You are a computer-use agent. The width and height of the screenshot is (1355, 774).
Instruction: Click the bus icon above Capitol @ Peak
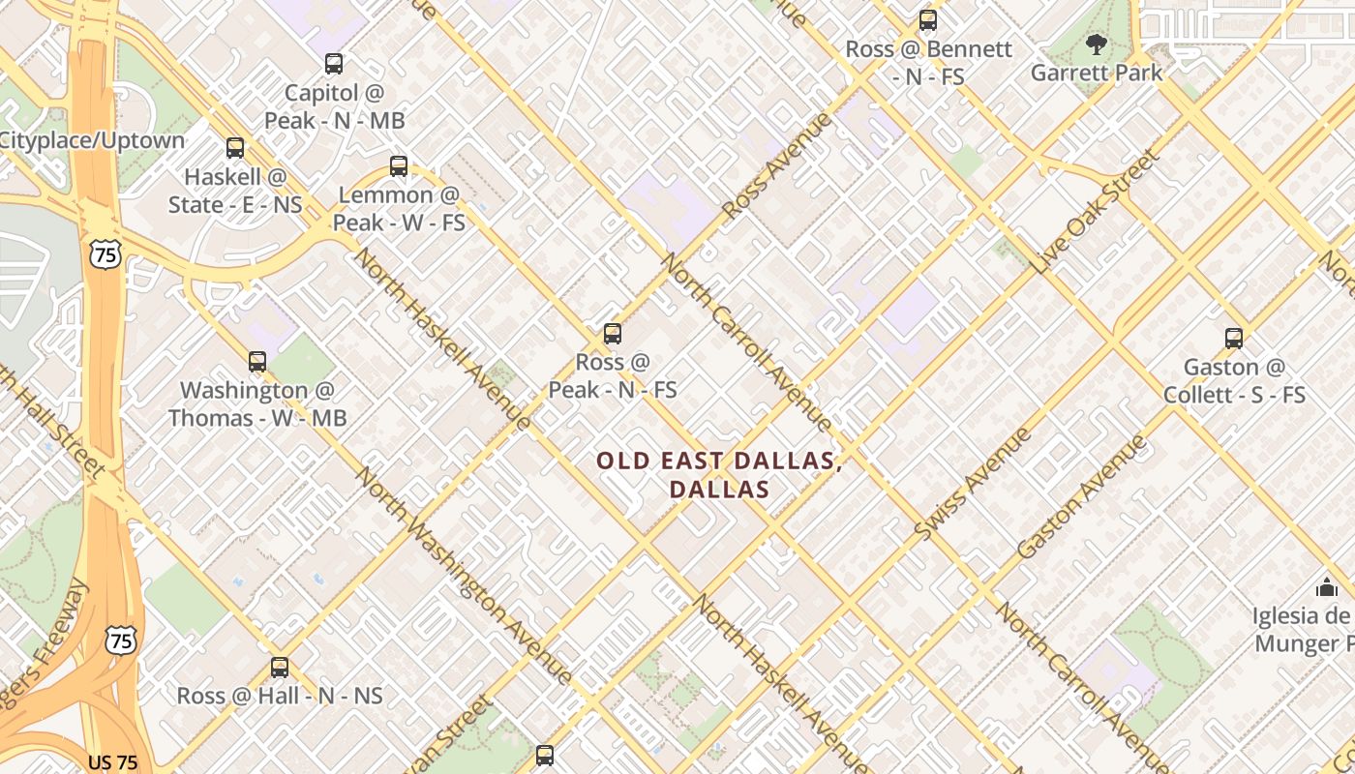tap(334, 64)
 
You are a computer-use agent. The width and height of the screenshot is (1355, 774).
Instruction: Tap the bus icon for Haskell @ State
tap(235, 148)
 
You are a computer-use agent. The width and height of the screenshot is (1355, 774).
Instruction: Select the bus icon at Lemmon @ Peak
tap(399, 165)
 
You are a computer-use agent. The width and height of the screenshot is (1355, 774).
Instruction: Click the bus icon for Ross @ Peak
tap(612, 334)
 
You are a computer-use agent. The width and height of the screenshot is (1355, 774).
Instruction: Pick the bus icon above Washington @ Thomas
tap(256, 362)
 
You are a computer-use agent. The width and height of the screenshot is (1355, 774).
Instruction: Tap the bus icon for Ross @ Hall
tap(280, 667)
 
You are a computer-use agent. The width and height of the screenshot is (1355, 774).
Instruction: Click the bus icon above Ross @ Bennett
tap(927, 20)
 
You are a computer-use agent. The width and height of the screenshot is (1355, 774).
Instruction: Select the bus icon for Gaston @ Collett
tap(1233, 339)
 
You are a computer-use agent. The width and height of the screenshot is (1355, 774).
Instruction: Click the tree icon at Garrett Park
tap(1096, 44)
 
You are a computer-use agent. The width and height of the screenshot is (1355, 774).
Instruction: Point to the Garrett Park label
tap(1096, 73)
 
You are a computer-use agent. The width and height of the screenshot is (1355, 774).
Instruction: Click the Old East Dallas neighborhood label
tap(719, 474)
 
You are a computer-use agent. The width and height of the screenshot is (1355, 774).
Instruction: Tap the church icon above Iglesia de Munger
tap(1326, 586)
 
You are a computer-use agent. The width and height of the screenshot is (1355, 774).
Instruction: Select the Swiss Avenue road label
tap(973, 484)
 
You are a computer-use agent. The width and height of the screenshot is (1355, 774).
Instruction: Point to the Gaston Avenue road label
tap(1081, 496)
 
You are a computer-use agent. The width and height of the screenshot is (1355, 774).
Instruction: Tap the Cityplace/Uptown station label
tap(92, 140)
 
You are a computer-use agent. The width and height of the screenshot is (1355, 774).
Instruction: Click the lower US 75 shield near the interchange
tap(121, 640)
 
